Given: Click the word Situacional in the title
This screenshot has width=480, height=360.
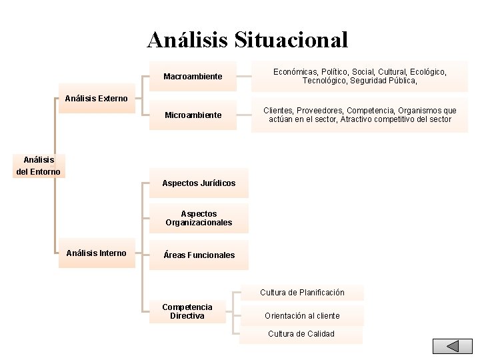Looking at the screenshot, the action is (291, 39).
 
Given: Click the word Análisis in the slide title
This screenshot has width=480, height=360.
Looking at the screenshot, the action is (187, 39).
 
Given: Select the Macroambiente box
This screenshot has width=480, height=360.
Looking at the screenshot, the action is (193, 77).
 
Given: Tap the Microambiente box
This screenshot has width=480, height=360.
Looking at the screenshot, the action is (193, 115).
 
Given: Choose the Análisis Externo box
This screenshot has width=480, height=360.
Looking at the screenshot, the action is (97, 99).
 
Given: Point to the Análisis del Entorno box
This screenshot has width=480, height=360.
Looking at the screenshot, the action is (39, 166).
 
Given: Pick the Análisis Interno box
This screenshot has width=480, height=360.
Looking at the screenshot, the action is (97, 253).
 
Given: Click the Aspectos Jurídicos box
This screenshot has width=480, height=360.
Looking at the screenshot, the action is (199, 183).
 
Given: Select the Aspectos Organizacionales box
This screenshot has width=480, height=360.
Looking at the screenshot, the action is (199, 218).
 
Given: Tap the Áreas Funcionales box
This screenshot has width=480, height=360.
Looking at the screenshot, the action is (199, 255).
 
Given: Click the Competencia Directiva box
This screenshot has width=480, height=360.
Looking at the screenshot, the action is (187, 311).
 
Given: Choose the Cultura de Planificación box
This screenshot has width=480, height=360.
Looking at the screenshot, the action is (302, 293).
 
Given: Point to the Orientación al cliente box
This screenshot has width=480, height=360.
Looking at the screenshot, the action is (302, 316).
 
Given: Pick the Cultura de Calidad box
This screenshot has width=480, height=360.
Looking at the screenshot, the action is (301, 334).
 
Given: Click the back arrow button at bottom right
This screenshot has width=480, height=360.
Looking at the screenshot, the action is (452, 347).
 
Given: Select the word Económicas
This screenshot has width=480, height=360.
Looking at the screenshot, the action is (295, 71).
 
